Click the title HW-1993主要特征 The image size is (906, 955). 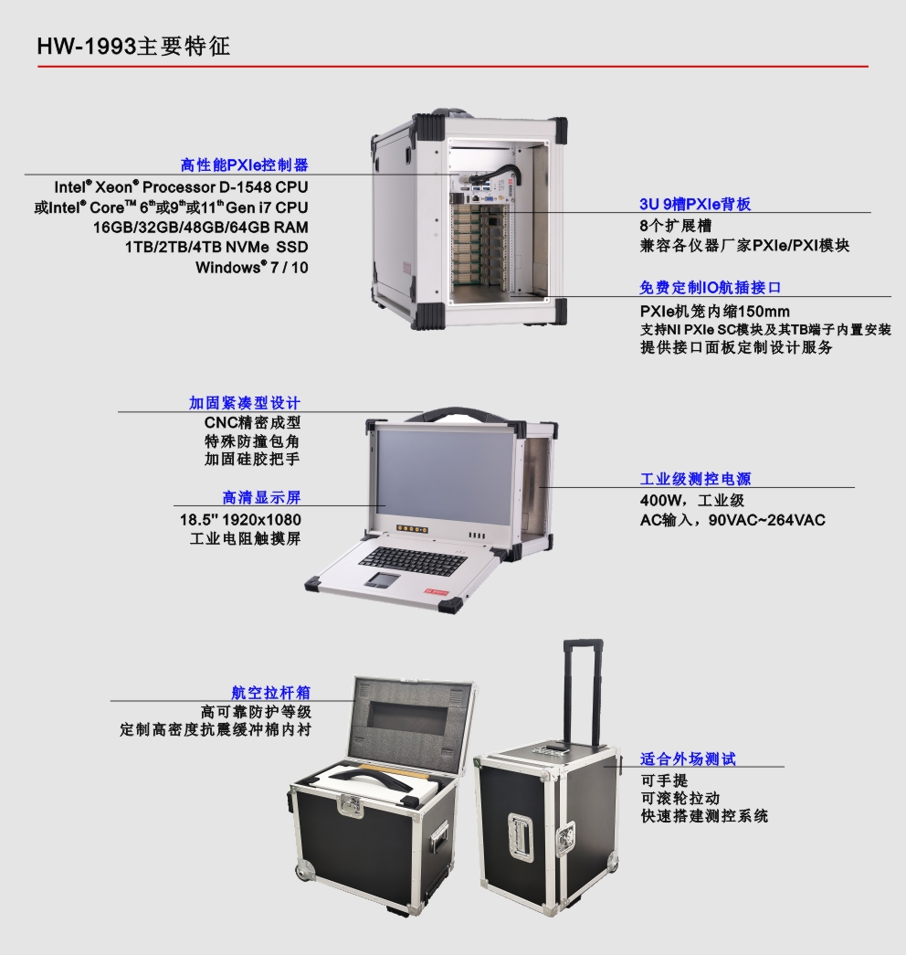coord(134,47)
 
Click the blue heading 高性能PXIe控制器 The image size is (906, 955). coord(244,164)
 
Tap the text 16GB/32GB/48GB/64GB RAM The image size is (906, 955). coord(200,228)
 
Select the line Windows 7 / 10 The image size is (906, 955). coord(251,267)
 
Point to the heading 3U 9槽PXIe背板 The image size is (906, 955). coord(695,204)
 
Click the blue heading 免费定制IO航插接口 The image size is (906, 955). coord(710,288)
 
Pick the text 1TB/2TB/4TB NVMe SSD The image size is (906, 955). coord(216,248)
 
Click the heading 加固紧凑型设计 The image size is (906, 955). coord(244,403)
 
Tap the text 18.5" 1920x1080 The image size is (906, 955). coord(240,519)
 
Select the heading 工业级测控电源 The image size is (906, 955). coord(695,479)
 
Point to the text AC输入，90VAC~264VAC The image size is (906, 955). coord(732,520)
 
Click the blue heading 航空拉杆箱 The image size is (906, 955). coord(271,692)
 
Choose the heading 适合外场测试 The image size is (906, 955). coord(688,759)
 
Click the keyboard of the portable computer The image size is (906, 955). coord(413,560)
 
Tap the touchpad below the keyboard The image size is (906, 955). coord(383,579)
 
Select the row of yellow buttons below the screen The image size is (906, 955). coord(412,528)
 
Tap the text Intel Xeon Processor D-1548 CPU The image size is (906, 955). coord(181,187)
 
